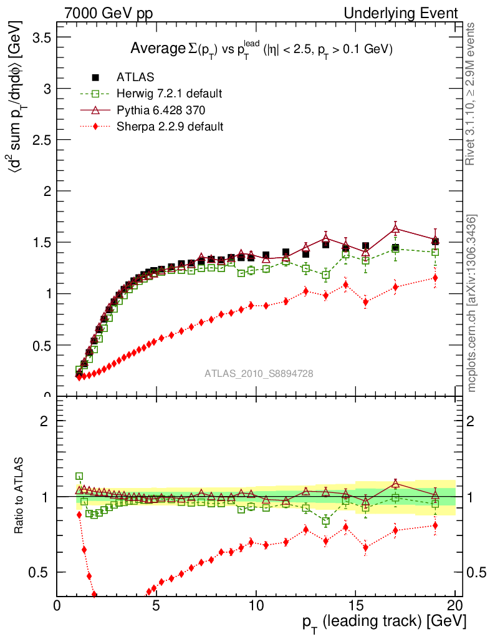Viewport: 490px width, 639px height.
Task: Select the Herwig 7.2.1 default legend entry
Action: [169, 94]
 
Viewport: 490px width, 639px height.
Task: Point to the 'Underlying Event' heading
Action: [405, 13]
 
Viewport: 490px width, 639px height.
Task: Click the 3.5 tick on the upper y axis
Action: [40, 37]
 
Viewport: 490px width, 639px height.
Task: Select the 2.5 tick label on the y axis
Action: [40, 140]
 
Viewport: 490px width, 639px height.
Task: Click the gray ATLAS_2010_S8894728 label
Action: [259, 374]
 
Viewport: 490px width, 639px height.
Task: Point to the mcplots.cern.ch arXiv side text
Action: [472, 303]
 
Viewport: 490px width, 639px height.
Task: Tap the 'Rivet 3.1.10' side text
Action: [472, 94]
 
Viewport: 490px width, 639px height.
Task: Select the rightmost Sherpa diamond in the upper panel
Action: [435, 278]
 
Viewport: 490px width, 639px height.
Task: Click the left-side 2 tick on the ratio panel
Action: [44, 421]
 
